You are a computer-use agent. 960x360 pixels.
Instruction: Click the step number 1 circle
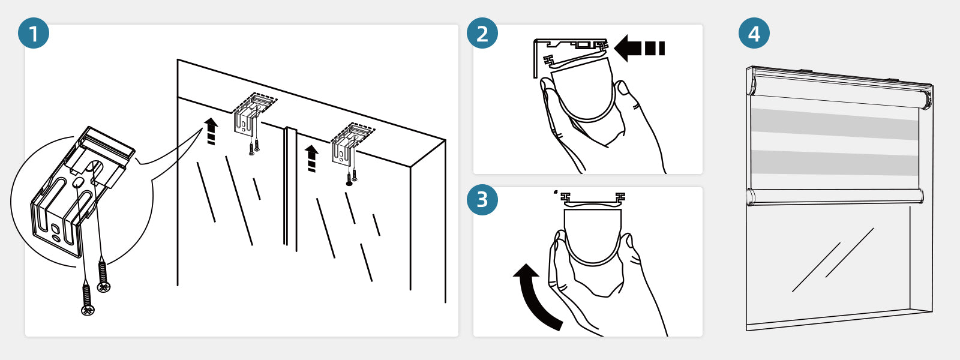pos(34,33)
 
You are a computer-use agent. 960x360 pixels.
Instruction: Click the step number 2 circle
pos(482,33)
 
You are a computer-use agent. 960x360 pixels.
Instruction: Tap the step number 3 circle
pos(482,200)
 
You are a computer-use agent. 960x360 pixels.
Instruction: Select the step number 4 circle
pos(754,33)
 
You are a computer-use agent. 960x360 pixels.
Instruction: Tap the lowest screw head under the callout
pos(88,309)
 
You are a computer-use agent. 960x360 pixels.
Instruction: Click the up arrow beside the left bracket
pos(211,131)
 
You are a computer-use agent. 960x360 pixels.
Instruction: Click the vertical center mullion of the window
pos(290,186)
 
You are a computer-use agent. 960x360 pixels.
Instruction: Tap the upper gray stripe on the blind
pos(834,124)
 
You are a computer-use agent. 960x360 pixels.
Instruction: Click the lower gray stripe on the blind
pos(834,163)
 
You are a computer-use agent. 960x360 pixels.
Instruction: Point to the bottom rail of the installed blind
pos(834,196)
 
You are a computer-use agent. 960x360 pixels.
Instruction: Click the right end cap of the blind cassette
pos(927,98)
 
